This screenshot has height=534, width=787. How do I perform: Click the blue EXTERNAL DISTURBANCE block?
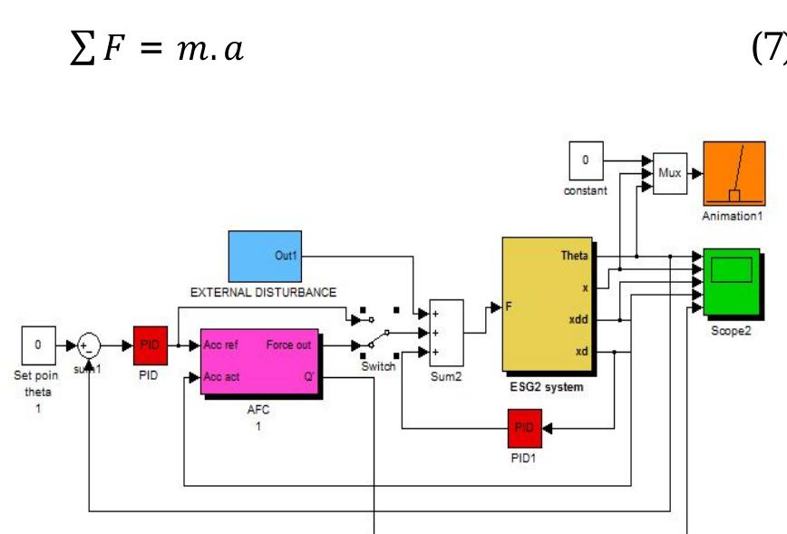tap(264, 256)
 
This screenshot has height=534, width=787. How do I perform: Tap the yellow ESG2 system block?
tap(548, 306)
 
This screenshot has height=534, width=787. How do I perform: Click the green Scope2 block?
tap(732, 282)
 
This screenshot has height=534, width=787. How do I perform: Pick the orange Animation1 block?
tap(734, 173)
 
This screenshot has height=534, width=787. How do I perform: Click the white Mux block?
tap(670, 172)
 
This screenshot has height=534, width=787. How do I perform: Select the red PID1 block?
tap(524, 427)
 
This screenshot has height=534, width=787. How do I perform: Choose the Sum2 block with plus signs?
tap(446, 332)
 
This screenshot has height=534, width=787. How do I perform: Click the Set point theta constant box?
tap(38, 345)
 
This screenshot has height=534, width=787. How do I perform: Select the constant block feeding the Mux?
tap(585, 162)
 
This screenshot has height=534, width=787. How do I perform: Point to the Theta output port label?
tap(574, 256)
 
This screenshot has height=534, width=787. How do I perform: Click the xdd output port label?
tap(577, 319)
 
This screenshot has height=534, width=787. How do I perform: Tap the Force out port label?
tap(288, 345)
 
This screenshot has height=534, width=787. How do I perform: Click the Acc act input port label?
tap(221, 376)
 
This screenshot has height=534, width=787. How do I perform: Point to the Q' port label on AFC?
tap(308, 376)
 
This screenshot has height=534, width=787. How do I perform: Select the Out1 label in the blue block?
tap(286, 257)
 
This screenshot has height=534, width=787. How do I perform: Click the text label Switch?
tap(378, 366)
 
